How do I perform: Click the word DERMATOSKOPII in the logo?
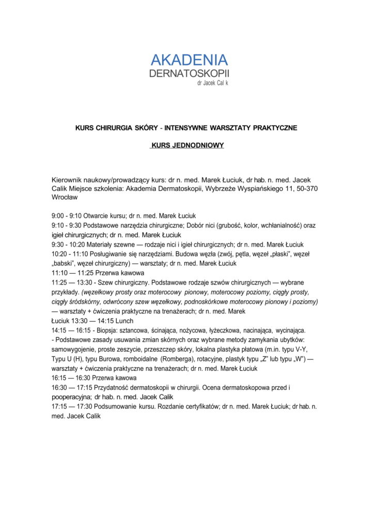coord(189,73)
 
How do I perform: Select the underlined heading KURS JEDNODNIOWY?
coord(187,145)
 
